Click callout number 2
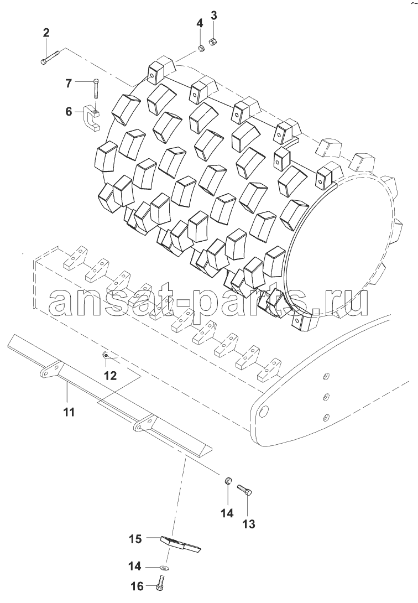46,33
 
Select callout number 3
213,16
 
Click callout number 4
200,23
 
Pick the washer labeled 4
200,48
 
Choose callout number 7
69,82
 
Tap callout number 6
69,112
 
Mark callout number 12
110,375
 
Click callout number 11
69,412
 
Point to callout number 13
249,523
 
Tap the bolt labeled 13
245,490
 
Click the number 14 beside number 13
227,513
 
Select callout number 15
135,539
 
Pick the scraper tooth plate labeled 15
181,543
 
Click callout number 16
137,586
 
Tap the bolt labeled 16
161,584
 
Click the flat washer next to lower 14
165,567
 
